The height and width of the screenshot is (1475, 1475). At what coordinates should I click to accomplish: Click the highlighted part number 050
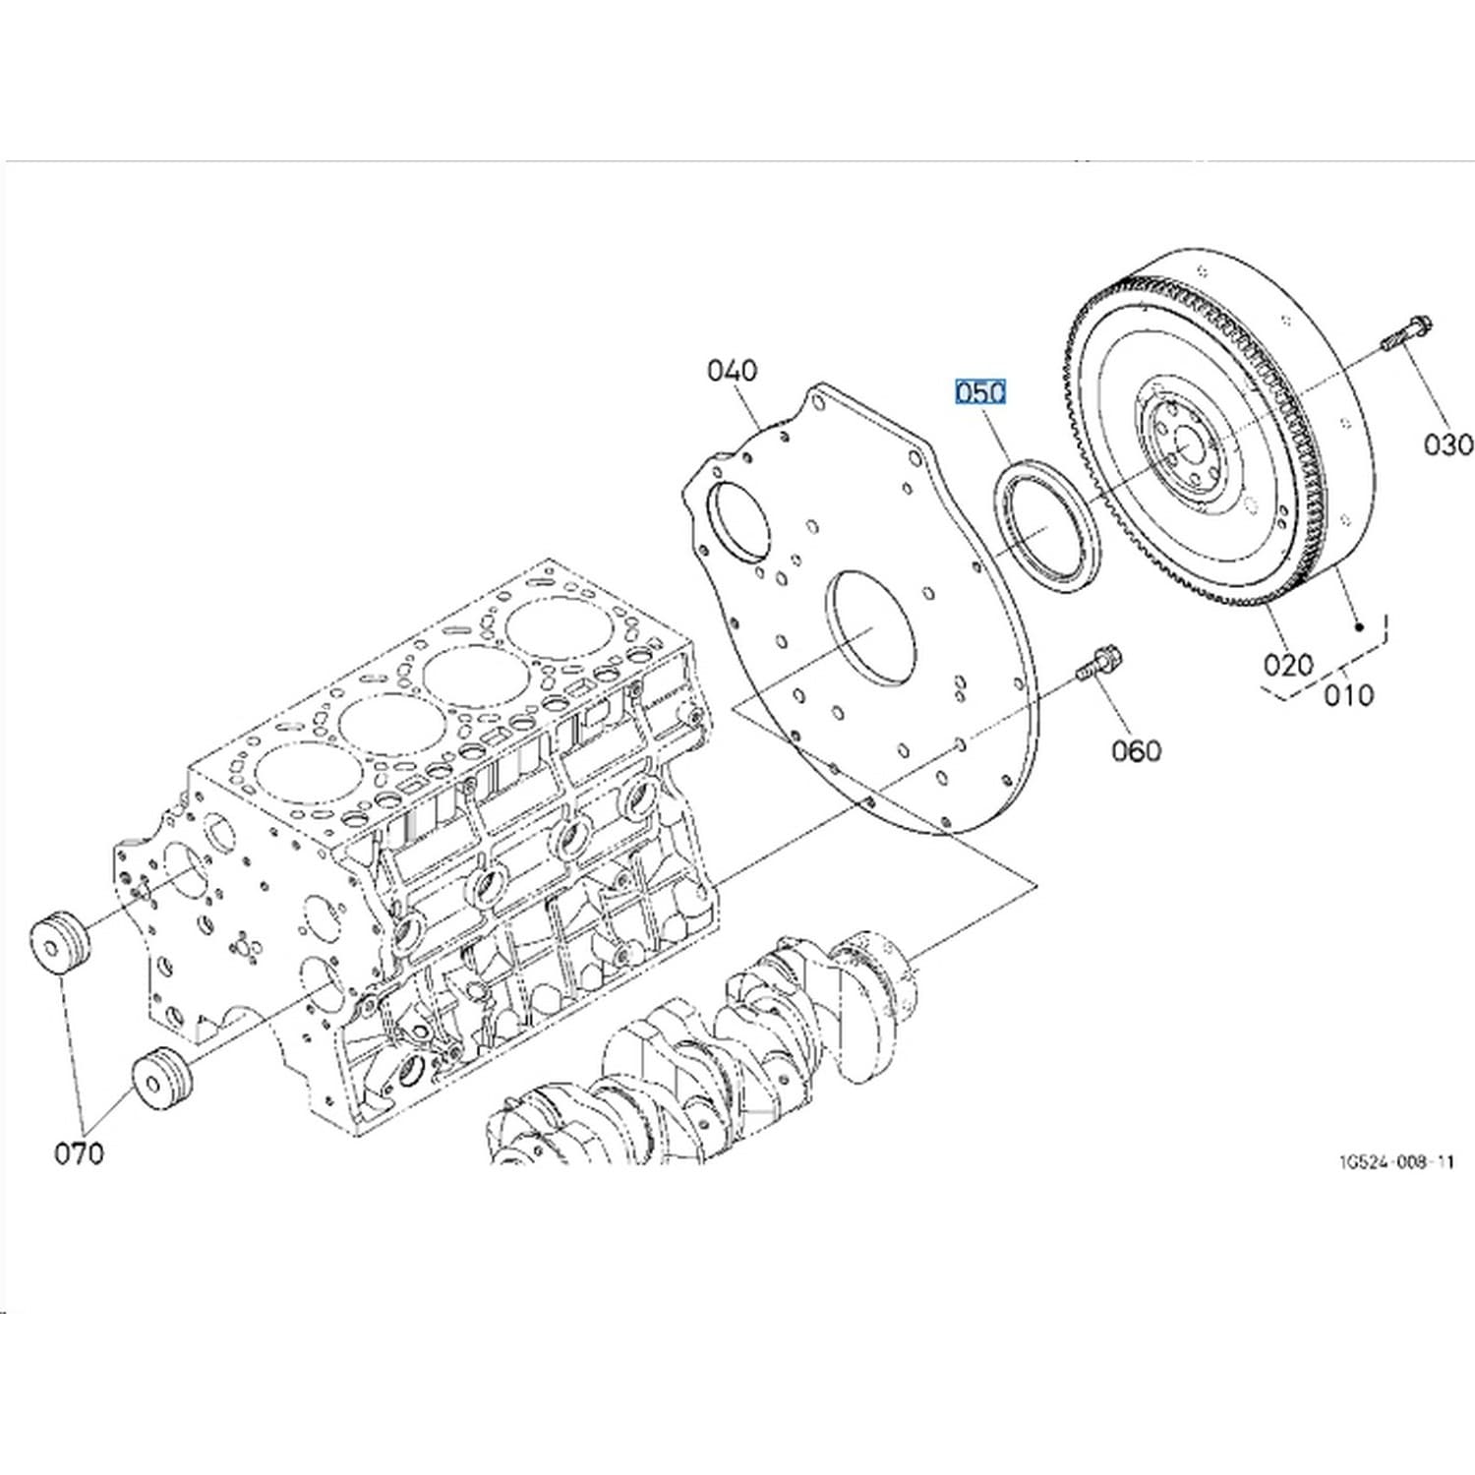980,392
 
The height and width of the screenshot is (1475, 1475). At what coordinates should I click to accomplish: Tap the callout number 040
733,371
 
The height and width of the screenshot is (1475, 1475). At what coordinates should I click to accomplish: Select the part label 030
1448,444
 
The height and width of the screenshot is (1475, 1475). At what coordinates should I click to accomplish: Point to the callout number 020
1288,665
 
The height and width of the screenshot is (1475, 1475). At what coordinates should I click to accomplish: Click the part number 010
1348,695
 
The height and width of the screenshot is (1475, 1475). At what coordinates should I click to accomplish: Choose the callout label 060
1136,751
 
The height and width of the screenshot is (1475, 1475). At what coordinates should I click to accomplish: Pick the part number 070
78,1152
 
